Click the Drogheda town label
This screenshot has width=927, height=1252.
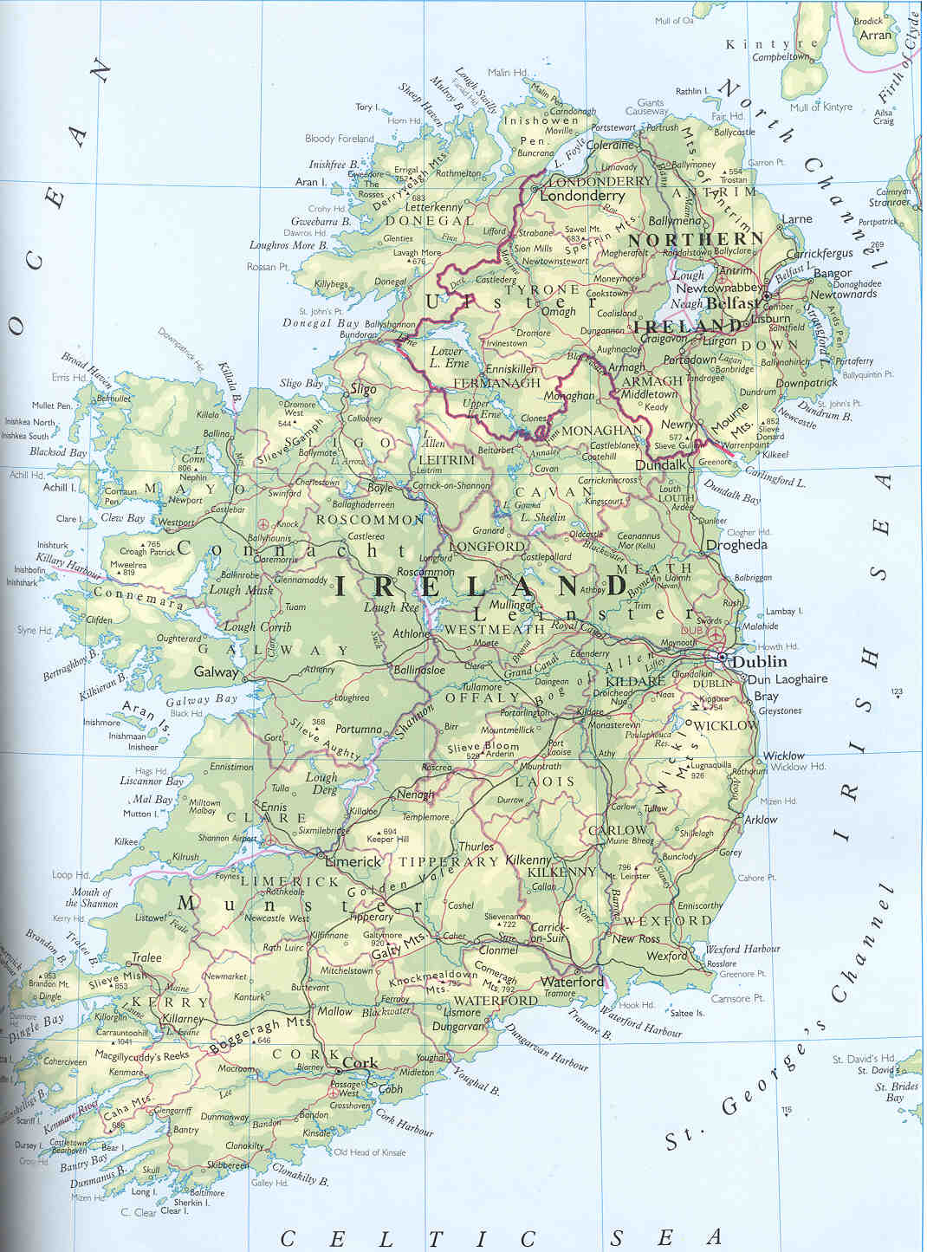click(736, 545)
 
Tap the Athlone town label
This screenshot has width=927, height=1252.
click(411, 633)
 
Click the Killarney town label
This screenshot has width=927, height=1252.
click(182, 1020)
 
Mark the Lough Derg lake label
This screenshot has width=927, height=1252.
click(321, 783)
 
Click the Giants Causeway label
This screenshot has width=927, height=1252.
click(649, 107)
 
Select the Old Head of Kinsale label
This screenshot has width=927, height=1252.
click(369, 1152)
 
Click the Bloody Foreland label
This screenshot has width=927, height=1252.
click(340, 139)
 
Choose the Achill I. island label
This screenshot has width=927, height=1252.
click(60, 487)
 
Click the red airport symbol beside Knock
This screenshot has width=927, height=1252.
click(263, 523)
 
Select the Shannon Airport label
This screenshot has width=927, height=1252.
click(227, 838)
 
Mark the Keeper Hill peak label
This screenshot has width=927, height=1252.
click(387, 839)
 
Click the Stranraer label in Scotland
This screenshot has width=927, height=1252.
click(890, 203)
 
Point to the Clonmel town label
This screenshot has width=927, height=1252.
click(498, 950)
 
